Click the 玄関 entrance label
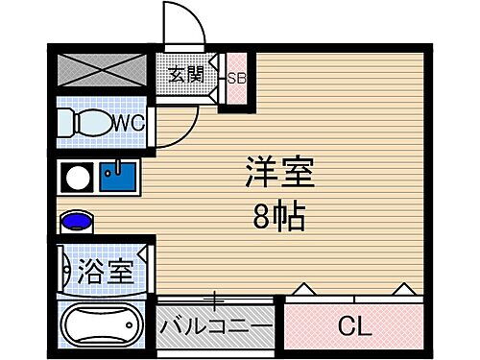[x=187, y=74]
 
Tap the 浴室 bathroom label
[x=106, y=271]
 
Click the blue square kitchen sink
[x=121, y=177]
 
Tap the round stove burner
[x=76, y=178]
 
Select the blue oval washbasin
[x=76, y=223]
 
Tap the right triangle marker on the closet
[x=403, y=287]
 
